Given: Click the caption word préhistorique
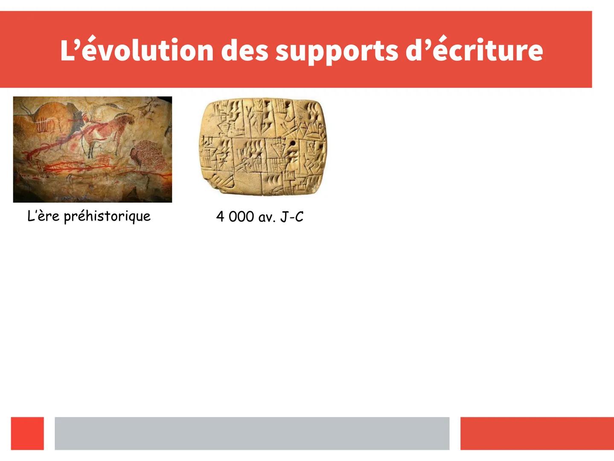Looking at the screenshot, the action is coord(108,216).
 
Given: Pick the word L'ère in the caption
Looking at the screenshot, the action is coord(44,216).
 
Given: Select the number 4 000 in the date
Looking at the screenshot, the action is coord(235,216).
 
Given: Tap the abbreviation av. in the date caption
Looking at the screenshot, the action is coord(267,218).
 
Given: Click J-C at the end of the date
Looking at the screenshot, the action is coord(292,216).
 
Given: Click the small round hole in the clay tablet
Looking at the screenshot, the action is coord(293,143).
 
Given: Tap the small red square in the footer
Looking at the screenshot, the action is coord(27,433).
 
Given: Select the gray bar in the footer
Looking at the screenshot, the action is coord(252,433).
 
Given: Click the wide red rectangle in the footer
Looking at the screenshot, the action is coord(537,433).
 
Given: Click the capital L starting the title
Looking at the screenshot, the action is coord(66,50).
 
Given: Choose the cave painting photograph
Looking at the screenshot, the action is coord(93,149).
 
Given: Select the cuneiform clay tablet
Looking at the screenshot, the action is coord(263,146).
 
